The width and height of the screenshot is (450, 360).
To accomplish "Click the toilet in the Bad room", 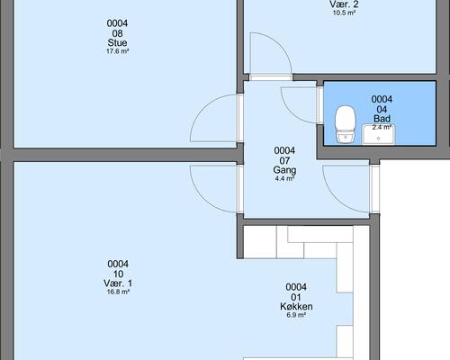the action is coord(346,124).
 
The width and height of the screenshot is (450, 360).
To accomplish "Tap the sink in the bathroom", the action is coord(379,134).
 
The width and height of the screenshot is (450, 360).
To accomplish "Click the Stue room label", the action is coord(117,42).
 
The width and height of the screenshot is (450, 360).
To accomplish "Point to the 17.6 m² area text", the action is coord(117,51).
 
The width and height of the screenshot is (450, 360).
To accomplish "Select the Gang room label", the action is coord(284,170).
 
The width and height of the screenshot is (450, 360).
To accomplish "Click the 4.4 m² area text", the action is coord(284,179).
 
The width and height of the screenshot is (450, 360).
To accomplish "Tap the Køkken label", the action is coord(296,306).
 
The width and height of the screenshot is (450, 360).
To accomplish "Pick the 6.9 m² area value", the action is coord(296,315).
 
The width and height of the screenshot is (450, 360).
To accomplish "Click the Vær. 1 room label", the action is coord(118,283).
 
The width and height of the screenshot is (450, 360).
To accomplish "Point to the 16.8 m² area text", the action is coord(118,292).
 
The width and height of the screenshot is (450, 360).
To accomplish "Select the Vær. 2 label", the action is coord(344,4).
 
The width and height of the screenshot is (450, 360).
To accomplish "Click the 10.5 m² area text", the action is coord(344,13).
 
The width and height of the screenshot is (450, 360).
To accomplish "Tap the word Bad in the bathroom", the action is coord(382,119).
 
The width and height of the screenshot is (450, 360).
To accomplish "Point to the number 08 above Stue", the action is coord(117,33).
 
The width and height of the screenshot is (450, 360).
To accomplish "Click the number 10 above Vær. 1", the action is coord(118,274).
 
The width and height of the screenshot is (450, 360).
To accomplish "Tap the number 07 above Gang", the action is coord(284,160).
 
